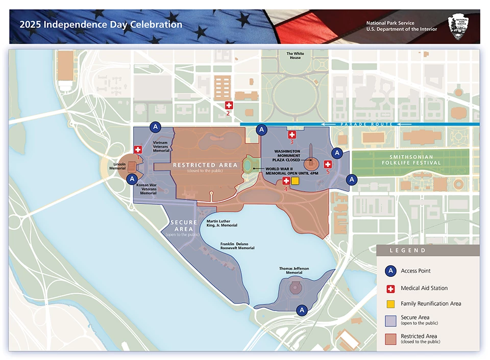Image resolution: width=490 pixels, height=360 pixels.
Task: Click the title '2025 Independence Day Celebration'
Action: point(101,24)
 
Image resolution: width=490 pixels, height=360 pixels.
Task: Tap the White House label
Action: point(295,56)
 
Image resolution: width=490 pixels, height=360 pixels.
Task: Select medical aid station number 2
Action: point(229,105)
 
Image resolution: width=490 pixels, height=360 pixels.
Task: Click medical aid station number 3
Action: point(292,135)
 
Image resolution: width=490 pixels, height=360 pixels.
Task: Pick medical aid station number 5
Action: point(328,164)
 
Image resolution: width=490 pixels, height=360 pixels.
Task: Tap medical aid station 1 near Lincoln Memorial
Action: point(138,149)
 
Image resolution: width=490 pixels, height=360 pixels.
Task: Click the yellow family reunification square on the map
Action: point(295,181)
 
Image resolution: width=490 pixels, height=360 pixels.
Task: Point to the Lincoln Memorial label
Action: point(117,166)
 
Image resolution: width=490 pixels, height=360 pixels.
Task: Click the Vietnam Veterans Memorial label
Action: point(161,146)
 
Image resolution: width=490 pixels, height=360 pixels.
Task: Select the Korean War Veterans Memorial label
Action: point(146,189)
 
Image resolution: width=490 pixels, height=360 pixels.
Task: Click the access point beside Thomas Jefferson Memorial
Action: point(302,310)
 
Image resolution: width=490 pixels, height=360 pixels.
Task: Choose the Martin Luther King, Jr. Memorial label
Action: point(222,223)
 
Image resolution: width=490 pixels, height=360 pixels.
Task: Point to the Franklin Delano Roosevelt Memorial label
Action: point(237,246)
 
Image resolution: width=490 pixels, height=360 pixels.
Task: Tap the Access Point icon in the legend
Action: point(390,271)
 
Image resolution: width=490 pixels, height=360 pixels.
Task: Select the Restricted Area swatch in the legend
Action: point(390,338)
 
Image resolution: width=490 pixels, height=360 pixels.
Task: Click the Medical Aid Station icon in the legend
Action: point(390,289)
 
